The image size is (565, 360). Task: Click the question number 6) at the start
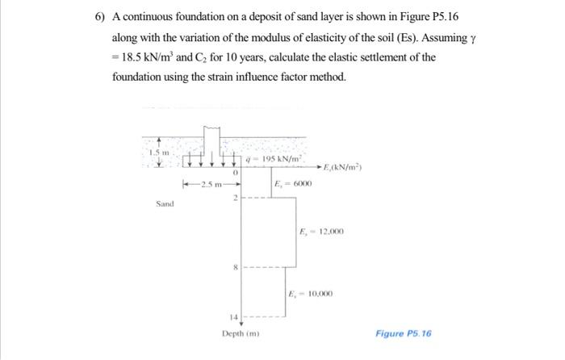point(101,17)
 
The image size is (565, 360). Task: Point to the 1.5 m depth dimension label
point(158,151)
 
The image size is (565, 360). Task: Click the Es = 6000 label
point(293,184)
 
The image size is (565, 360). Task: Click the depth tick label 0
point(235,172)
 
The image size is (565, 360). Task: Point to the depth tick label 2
point(235,199)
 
